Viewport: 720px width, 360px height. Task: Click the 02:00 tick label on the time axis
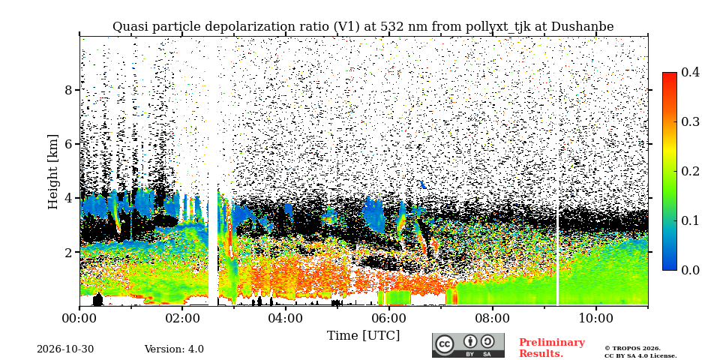tap(182, 317)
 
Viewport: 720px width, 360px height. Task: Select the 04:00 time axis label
tap(286, 317)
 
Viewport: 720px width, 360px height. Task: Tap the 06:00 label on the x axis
tap(389, 317)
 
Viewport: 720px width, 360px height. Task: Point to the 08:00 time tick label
tap(492, 317)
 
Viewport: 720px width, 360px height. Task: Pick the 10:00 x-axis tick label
tap(595, 317)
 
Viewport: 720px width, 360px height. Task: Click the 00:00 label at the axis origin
tap(79, 317)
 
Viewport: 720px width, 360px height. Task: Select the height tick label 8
tap(69, 90)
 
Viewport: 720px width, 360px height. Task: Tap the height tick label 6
tap(69, 144)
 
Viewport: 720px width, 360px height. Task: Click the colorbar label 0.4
tap(690, 72)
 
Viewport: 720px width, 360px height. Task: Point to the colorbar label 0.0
tap(690, 270)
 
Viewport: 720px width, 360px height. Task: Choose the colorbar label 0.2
tap(690, 171)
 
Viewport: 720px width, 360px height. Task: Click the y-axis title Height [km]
tap(54, 172)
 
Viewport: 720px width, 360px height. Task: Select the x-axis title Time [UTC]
tap(363, 336)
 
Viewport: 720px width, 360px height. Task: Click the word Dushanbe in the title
tap(582, 27)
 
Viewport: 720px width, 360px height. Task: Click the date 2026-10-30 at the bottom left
tap(65, 349)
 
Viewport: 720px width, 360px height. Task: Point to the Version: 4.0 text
tap(174, 349)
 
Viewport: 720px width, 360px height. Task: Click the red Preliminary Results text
tap(552, 348)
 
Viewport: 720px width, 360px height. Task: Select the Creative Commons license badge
tap(468, 345)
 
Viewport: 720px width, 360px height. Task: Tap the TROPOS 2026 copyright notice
tap(640, 352)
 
